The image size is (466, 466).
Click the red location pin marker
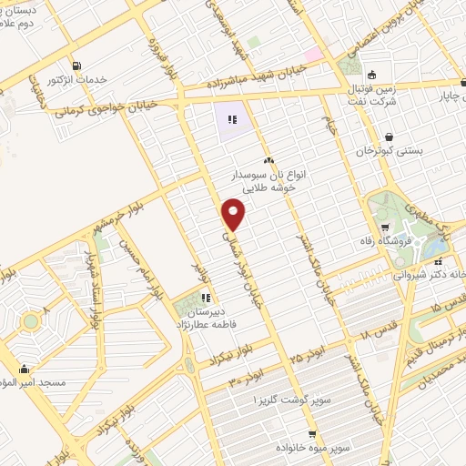pos(234,214)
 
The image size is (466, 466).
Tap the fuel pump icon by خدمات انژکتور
pos(74,66)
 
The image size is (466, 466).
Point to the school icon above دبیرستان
pos(206,297)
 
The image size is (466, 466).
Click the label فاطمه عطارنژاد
pos(206,323)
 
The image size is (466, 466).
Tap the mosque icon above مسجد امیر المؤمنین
pos(23,370)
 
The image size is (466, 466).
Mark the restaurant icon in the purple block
pos(232,118)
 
